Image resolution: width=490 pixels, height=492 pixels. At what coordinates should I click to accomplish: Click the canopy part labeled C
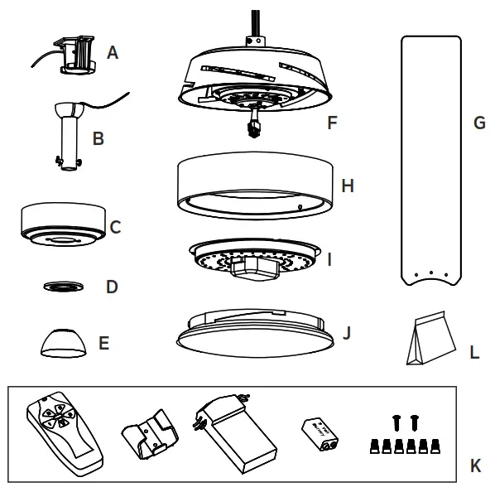pos(63,224)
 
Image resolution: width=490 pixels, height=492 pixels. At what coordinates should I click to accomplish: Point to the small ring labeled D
pos(65,287)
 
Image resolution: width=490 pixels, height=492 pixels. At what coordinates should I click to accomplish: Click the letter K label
pos(475,467)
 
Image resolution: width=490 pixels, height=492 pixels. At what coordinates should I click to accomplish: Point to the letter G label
pos(478,123)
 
